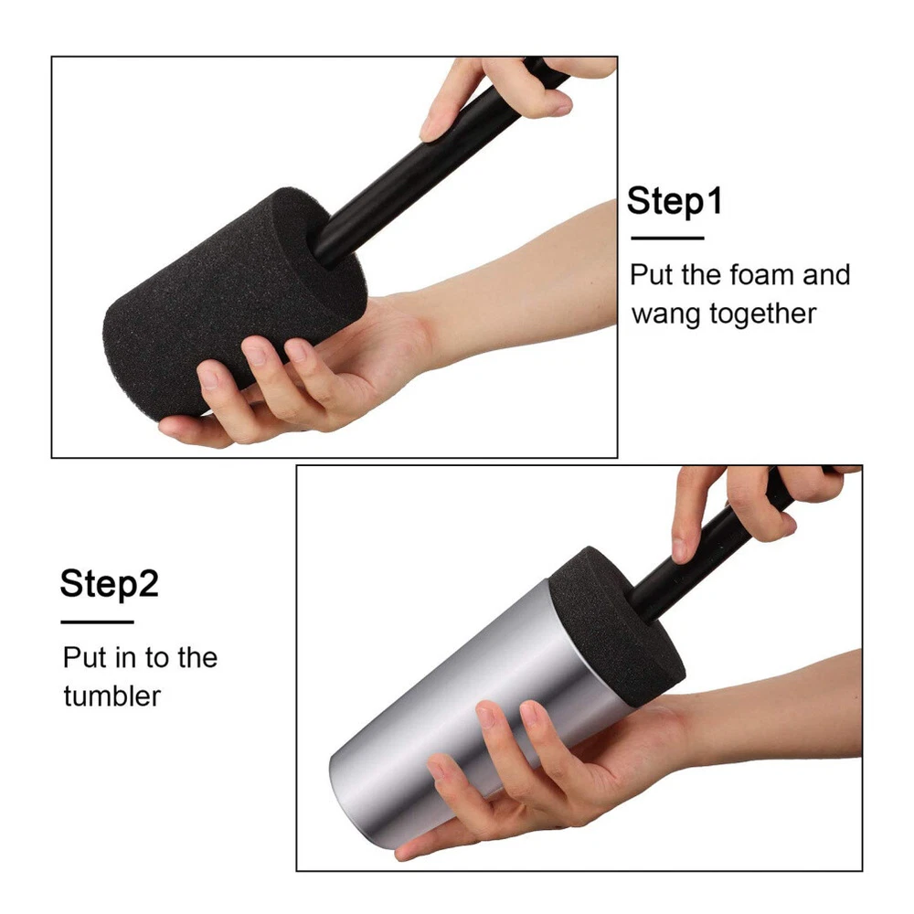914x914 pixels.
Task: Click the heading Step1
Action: click(x=675, y=202)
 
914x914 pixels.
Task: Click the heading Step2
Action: click(x=109, y=583)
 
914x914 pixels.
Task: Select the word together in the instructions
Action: click(x=762, y=314)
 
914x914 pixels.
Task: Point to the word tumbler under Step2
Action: click(x=112, y=696)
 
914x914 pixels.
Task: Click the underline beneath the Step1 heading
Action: click(x=667, y=238)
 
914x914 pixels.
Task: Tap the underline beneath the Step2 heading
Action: click(x=98, y=622)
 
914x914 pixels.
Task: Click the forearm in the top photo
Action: click(x=525, y=280)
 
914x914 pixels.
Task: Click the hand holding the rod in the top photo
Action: click(x=513, y=93)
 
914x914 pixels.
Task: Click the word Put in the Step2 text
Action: click(x=84, y=657)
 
